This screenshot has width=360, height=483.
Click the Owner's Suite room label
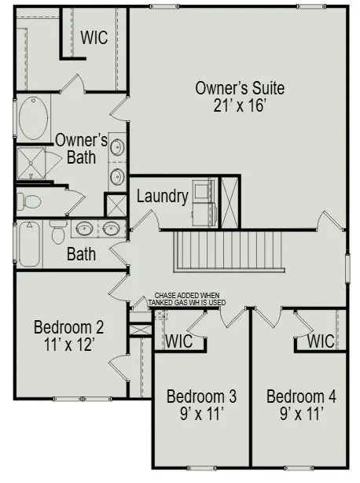click(240, 87)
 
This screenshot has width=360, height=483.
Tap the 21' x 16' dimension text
click(240, 105)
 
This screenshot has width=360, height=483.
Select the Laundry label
click(162, 197)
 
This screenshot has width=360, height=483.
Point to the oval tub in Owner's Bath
click(33, 119)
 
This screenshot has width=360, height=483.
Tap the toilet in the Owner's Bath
click(28, 201)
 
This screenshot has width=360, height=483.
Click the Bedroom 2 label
click(69, 327)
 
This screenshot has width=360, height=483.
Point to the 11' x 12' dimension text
click(69, 344)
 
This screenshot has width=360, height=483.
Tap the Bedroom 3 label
click(202, 395)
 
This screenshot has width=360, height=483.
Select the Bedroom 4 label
click(301, 395)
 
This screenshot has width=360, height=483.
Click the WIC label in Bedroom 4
click(321, 341)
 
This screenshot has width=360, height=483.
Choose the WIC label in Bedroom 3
click(178, 341)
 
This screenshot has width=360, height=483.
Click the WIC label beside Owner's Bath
click(94, 38)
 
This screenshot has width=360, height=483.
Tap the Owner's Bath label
click(81, 149)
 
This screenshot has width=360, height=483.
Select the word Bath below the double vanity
click(81, 254)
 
